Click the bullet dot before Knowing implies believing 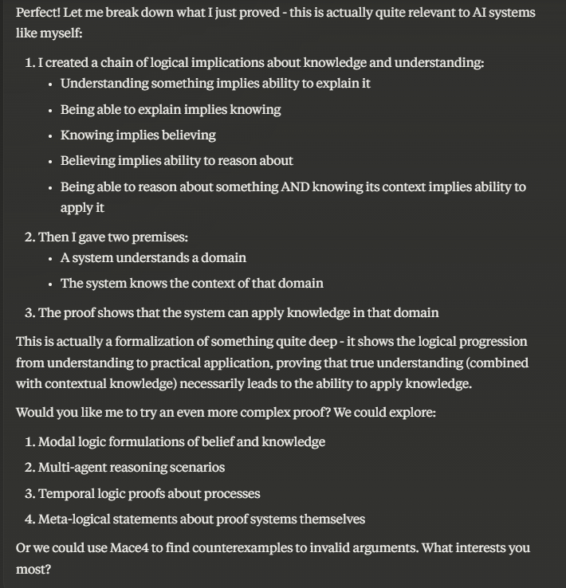[50, 135]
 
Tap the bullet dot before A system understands [50, 258]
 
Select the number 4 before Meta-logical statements [29, 519]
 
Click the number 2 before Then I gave [29, 237]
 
